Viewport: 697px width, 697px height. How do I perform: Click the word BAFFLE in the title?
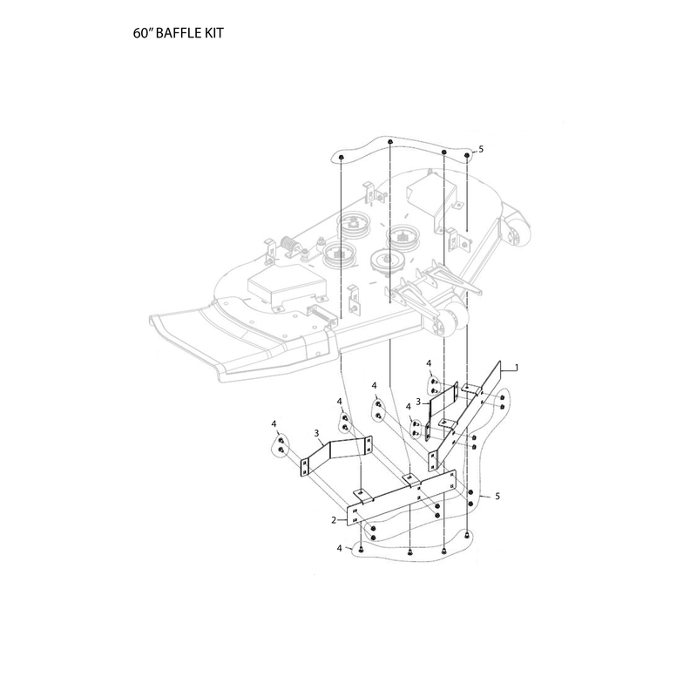click(x=179, y=33)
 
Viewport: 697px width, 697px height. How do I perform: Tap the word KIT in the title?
click(x=214, y=33)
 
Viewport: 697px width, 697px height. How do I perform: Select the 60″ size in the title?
click(x=143, y=33)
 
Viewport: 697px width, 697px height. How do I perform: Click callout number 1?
click(x=516, y=367)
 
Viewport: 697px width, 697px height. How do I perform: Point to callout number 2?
click(x=334, y=519)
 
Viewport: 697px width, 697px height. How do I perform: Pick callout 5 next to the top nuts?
click(x=481, y=149)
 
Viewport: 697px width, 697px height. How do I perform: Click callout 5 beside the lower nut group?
click(x=497, y=496)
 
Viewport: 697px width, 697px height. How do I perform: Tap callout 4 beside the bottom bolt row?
click(x=340, y=549)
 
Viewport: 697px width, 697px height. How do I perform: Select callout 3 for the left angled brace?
click(x=316, y=432)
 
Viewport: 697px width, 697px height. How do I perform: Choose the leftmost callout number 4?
click(x=274, y=423)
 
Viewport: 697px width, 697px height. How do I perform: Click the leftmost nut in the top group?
click(x=341, y=158)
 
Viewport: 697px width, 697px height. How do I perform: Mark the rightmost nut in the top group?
click(x=467, y=155)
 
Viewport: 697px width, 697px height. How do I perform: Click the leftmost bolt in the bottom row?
click(x=361, y=550)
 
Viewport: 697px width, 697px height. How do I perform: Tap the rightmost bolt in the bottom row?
click(x=466, y=535)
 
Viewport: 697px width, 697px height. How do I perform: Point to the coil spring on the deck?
click(x=288, y=246)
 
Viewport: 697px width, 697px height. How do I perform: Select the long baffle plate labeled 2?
click(x=402, y=497)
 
